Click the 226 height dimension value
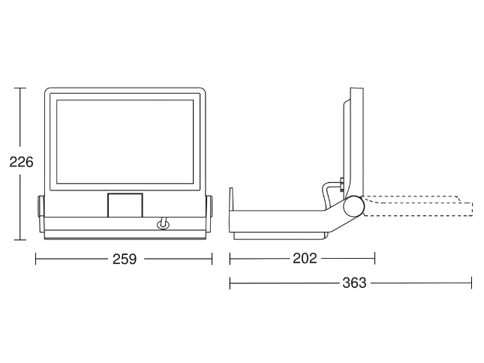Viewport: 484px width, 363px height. (x=21, y=162)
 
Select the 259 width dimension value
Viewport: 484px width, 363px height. (x=124, y=259)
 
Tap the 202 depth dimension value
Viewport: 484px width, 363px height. (x=305, y=259)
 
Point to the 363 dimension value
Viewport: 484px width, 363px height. (x=354, y=283)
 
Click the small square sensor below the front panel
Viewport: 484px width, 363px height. (x=125, y=205)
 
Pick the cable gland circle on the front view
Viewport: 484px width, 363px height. (x=163, y=225)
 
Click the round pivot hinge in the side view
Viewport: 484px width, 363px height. (x=353, y=206)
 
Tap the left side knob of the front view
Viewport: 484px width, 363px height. (x=41, y=206)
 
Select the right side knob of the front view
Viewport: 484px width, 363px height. (x=209, y=206)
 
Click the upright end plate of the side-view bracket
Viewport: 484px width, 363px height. (x=231, y=210)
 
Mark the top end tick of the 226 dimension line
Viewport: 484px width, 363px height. (x=20, y=88)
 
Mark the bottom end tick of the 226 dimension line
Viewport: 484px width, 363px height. (x=20, y=240)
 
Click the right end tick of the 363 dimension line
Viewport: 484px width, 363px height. (x=472, y=283)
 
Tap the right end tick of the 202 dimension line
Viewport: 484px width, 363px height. (x=374, y=259)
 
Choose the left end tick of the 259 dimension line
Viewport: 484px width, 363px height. (x=36, y=259)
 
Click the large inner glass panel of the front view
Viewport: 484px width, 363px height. (x=125, y=142)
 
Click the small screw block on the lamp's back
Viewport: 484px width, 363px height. (x=341, y=184)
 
